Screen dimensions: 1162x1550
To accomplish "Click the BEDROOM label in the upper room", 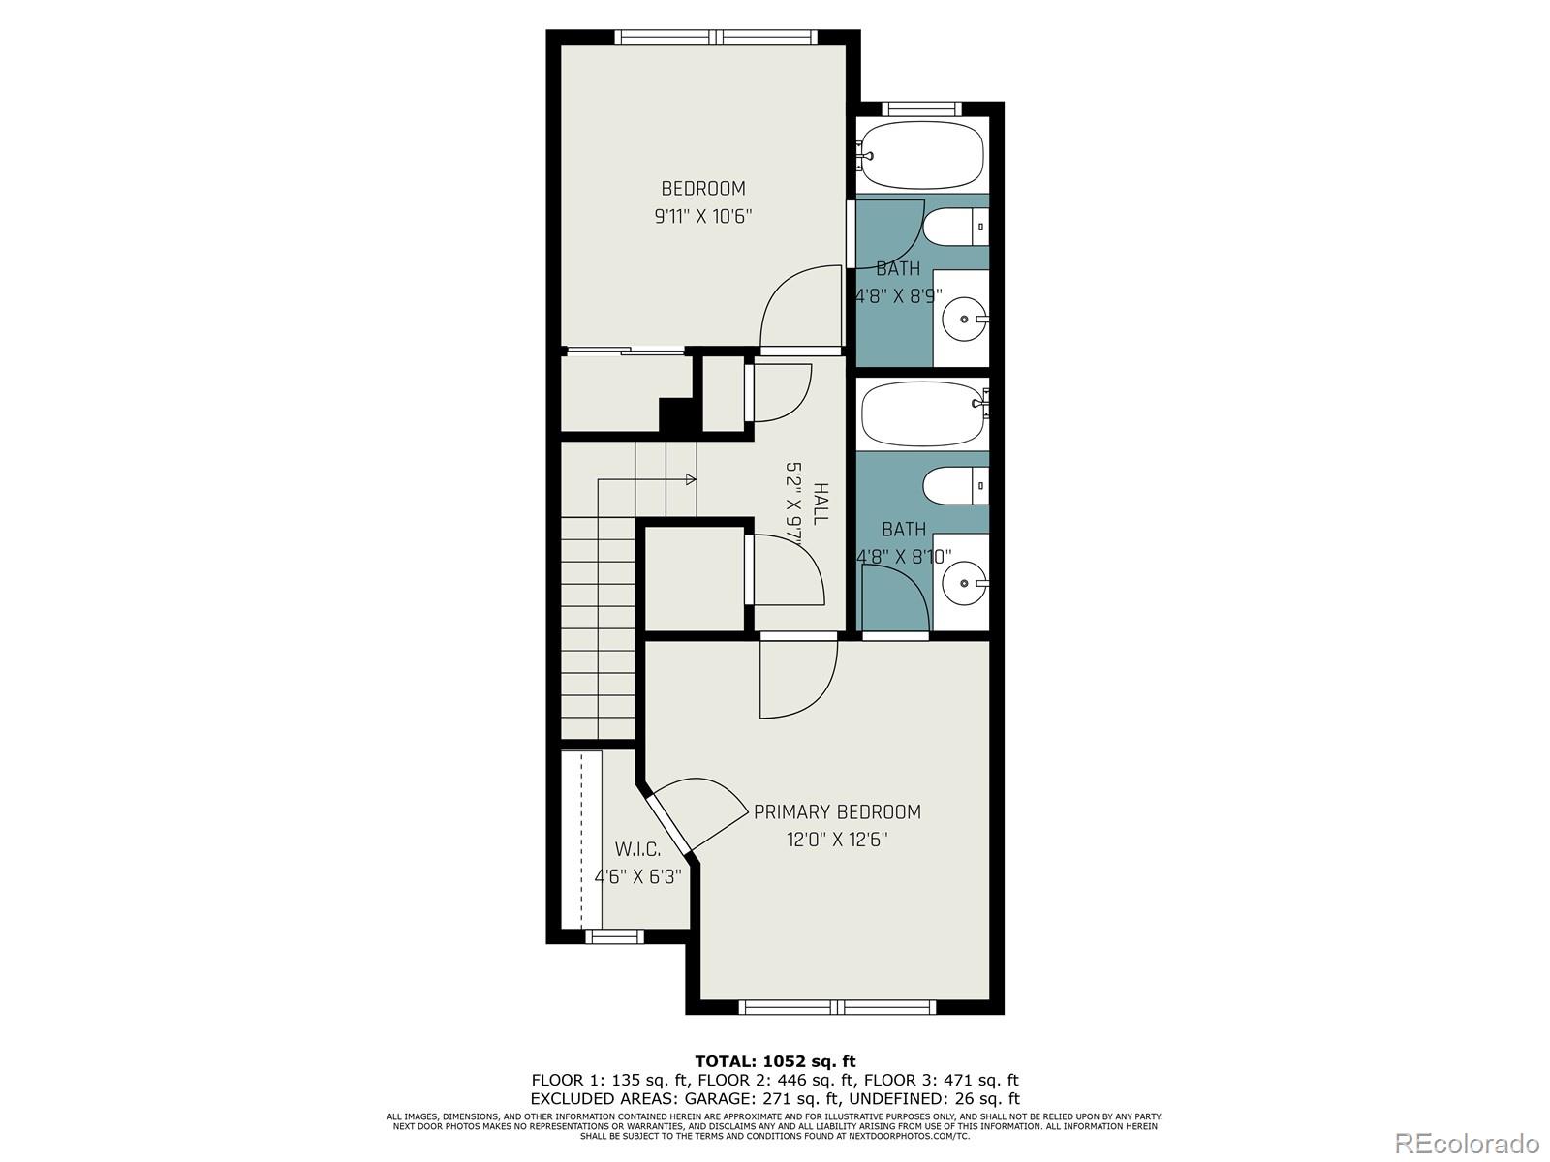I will point(703,189).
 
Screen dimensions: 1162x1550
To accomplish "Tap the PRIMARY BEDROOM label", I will point(837,812).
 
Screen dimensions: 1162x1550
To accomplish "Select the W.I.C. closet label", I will point(637,850).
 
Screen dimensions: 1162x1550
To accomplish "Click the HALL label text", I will point(821,505).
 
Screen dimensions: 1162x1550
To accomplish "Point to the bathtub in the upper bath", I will point(922,155).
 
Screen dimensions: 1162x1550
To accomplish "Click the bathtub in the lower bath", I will point(922,414).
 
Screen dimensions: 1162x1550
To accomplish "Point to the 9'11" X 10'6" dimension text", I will point(703,217).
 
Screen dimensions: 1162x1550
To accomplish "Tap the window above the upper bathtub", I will point(921,108).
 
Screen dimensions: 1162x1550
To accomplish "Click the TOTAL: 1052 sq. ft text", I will point(775,1061).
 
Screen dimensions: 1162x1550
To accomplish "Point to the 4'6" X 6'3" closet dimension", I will point(637,877).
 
